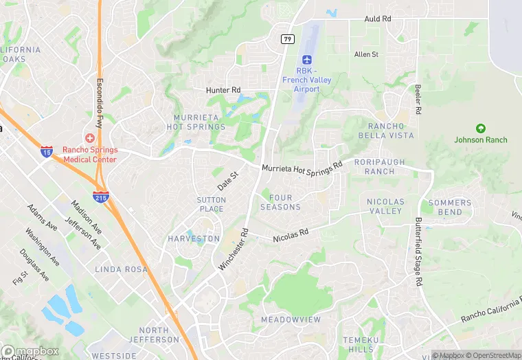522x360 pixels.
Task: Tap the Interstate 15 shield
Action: pos(46,151)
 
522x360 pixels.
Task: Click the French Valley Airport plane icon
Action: pos(306,59)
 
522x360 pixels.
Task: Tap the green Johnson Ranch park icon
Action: pos(481,128)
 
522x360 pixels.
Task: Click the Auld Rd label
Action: pos(378,19)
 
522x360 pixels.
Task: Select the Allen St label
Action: pos(366,54)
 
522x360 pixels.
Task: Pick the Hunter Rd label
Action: pos(223,90)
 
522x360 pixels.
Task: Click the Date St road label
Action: pos(227,182)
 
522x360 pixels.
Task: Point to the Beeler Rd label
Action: pos(418,100)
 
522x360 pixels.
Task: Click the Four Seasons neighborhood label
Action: pos(280,203)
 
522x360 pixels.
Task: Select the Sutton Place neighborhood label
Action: pos(211,204)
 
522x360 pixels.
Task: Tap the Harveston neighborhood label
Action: pos(194,239)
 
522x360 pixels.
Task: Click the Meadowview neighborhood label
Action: pos(291,320)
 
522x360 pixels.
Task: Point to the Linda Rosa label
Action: pos(121,269)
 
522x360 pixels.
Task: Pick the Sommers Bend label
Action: pos(450,207)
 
